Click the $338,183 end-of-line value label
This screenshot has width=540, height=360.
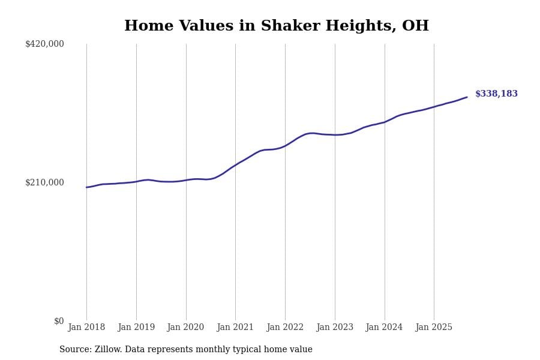pos(496,94)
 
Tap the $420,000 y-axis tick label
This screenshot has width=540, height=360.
pos(44,44)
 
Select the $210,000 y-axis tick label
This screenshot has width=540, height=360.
pos(44,182)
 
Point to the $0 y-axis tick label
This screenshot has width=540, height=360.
pos(58,321)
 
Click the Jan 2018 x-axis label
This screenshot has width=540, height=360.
pos(86,328)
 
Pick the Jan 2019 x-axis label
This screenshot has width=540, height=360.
pos(136,328)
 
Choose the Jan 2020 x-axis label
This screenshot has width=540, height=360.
pos(185,328)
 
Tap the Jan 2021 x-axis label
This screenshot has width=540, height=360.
pos(235,328)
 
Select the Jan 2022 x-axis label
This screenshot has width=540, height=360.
pos(285,328)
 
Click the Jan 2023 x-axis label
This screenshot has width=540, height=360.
pos(335,328)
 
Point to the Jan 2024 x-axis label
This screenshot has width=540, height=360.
pos(384,328)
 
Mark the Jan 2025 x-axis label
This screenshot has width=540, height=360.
pos(434,328)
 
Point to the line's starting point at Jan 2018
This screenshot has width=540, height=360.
pos(86,187)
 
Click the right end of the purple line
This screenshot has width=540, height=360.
pos(467,97)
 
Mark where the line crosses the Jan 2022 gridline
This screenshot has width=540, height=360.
pos(285,146)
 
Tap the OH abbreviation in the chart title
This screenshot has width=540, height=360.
pos(415,26)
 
